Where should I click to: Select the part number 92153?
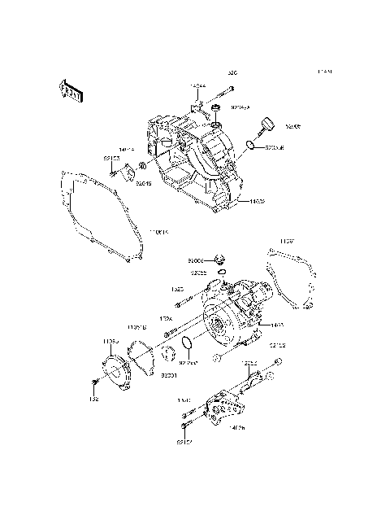(x=111, y=159)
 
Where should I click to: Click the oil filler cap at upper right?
(x=266, y=126)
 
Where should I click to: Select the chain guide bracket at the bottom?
(x=220, y=407)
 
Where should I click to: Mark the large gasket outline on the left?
(x=97, y=216)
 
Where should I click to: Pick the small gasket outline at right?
(x=292, y=273)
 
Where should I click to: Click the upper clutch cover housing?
(x=191, y=163)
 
